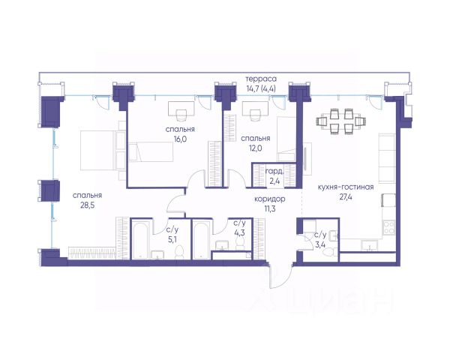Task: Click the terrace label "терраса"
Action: [x=261, y=79]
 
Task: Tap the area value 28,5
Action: [x=87, y=205]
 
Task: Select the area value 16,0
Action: [x=180, y=139]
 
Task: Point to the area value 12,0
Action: [x=256, y=148]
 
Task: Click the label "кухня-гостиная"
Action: [x=346, y=187]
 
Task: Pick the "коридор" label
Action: [x=270, y=199]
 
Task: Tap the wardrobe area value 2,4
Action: [x=274, y=181]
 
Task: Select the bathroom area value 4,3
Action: [x=239, y=232]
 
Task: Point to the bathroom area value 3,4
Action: [x=320, y=245]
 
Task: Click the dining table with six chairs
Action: [x=341, y=121]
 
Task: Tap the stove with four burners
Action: [x=389, y=227]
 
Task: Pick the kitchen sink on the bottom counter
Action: [x=369, y=246]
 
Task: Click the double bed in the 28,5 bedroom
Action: [x=103, y=150]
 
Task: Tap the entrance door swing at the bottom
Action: [x=280, y=276]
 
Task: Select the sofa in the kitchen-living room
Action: [x=387, y=158]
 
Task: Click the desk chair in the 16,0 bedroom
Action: [x=181, y=115]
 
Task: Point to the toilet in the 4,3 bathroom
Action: [x=240, y=244]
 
